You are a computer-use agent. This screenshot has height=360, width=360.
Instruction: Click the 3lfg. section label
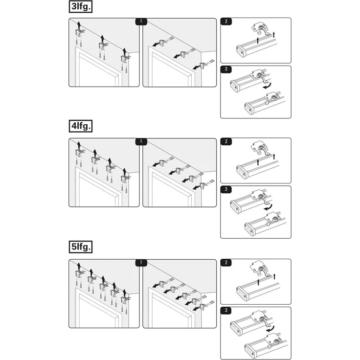tap(81, 6)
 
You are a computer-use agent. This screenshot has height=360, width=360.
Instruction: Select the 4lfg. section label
tap(81, 126)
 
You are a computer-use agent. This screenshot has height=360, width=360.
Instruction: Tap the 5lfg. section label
tap(81, 247)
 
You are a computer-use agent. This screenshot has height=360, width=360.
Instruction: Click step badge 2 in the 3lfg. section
tap(226, 22)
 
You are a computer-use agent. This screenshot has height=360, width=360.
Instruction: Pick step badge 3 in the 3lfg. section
tap(226, 69)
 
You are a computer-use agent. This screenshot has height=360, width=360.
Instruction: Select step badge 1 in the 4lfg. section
tap(141, 141)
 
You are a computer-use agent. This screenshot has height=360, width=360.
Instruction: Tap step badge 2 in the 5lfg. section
tap(226, 263)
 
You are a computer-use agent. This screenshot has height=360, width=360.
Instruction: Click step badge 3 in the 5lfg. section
tap(226, 311)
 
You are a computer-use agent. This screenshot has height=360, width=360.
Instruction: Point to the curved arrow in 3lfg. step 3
tap(268, 87)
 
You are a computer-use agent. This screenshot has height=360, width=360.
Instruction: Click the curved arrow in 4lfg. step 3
tap(268, 208)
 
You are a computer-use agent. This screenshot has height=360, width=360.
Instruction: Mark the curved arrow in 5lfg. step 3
tap(271, 330)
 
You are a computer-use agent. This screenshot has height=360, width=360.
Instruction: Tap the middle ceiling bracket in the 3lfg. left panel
tap(102, 45)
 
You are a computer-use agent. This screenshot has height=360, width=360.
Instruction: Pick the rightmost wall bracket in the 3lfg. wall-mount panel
tap(203, 66)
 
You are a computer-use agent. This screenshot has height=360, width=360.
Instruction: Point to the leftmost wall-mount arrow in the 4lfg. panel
tap(156, 164)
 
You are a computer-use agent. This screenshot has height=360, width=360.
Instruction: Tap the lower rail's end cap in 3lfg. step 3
tap(250, 108)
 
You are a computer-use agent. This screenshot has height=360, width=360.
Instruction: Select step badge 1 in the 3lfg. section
tap(141, 22)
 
